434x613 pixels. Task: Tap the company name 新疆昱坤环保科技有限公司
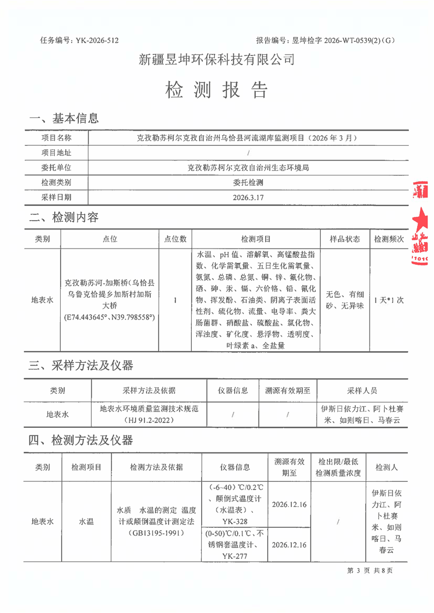point(217,60)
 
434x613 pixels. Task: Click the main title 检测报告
point(217,90)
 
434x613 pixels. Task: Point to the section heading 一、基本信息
point(64,118)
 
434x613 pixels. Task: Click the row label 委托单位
point(56,168)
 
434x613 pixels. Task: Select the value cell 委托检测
point(248,182)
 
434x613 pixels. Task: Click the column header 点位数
point(175,239)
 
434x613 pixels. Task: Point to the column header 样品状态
point(344,239)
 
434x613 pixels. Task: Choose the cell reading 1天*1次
point(389,300)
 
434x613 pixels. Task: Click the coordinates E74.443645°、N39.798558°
point(110,317)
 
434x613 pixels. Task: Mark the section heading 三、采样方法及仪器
point(81,365)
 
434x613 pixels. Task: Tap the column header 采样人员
point(362,391)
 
